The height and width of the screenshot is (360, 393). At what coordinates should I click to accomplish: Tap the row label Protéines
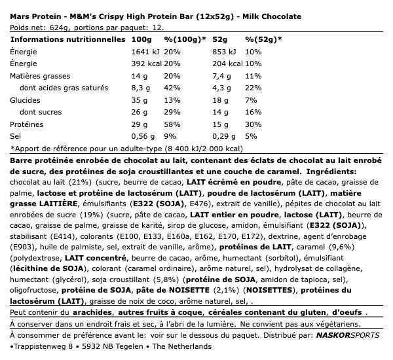tap(26, 124)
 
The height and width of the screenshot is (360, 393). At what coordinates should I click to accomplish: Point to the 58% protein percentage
tap(171, 124)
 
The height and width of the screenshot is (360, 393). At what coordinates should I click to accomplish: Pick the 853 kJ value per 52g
tap(226, 52)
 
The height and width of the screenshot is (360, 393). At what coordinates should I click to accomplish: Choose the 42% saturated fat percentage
tap(171, 88)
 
